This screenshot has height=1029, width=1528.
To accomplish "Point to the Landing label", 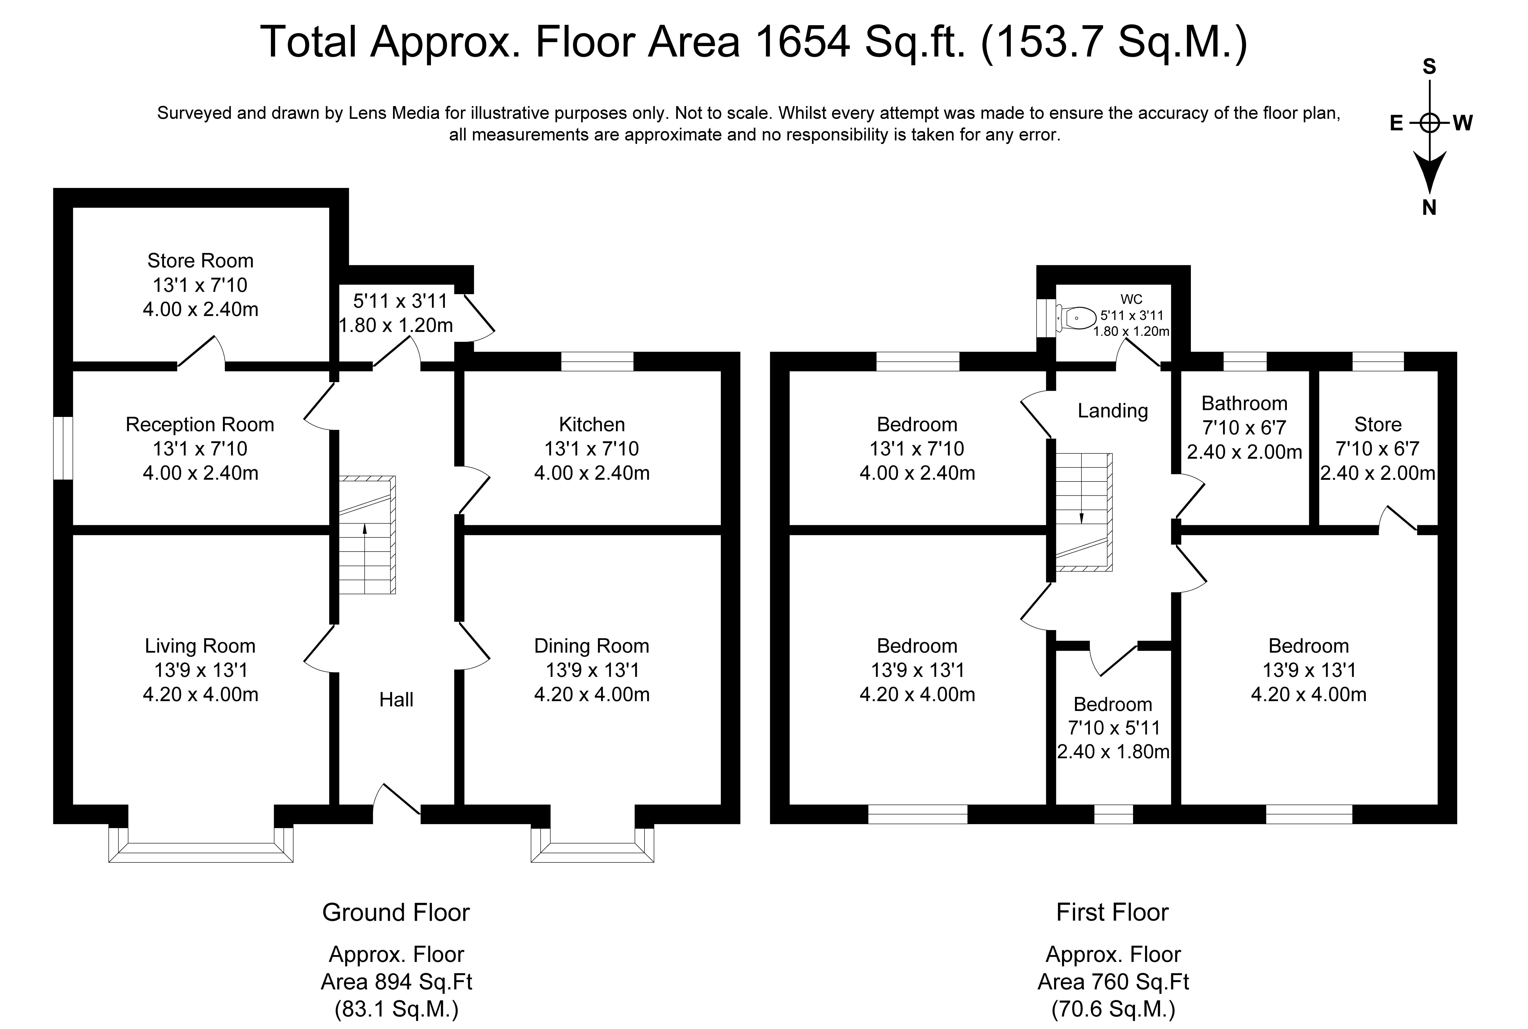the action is pos(1113,411).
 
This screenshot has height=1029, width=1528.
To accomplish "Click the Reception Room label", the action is pos(200,425).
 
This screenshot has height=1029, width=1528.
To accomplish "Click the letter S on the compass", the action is pos(1429,66).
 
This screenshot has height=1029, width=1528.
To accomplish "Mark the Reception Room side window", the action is pos(63,448).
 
